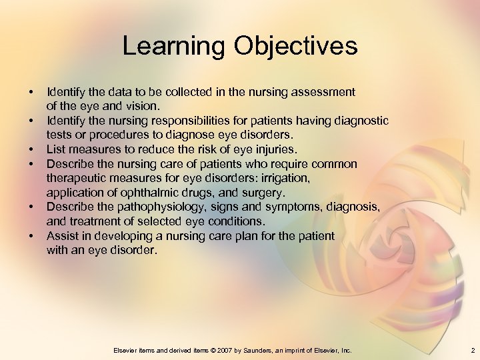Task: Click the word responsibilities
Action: (169, 121)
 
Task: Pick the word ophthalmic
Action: (135, 193)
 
